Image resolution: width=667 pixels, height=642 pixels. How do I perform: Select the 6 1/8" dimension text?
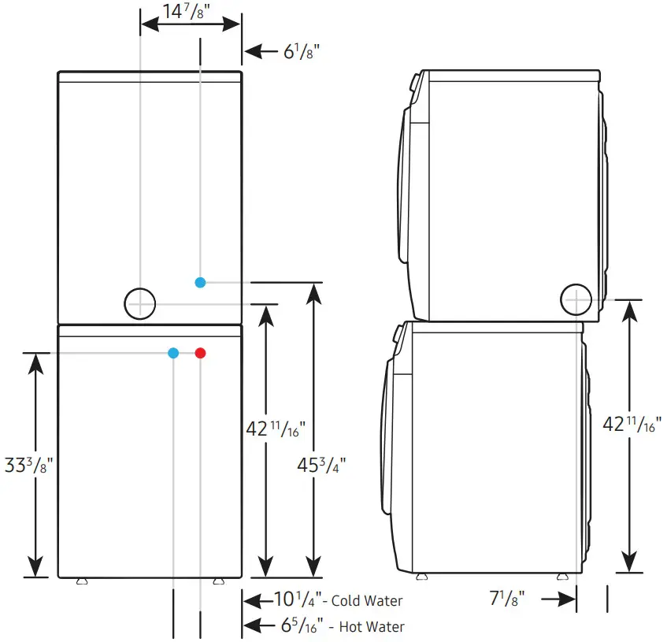click(x=301, y=52)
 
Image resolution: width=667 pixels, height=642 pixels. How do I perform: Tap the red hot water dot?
click(x=201, y=353)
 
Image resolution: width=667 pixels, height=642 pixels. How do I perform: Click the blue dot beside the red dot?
click(x=173, y=353)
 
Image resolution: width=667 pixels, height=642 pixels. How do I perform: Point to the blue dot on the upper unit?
click(x=201, y=282)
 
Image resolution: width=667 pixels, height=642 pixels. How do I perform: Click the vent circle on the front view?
click(x=140, y=303)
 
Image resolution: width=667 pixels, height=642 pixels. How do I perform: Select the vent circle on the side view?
click(x=576, y=299)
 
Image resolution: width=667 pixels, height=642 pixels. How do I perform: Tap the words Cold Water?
click(x=367, y=601)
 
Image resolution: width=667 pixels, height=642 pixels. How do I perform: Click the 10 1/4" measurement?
click(x=297, y=600)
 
